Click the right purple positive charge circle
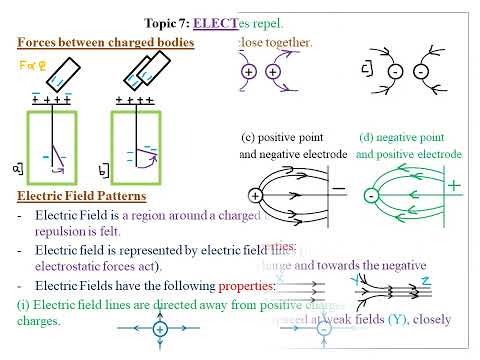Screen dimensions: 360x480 point(273,74)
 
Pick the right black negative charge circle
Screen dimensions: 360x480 point(421,73)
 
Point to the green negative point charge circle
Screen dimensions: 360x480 point(371,196)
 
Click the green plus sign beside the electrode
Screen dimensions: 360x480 point(455,186)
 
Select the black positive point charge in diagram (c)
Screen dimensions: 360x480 point(255,197)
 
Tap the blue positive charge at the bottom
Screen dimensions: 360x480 point(159,329)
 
